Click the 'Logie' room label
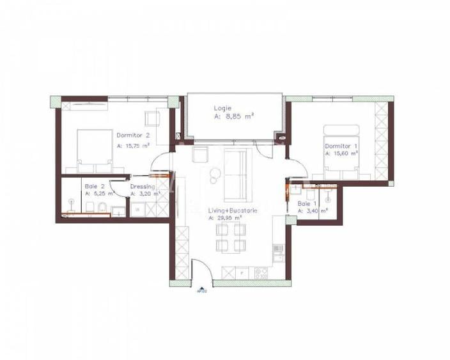pyautogui.click(x=223, y=107)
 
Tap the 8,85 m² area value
pyautogui.click(x=238, y=116)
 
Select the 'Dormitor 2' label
pyautogui.click(x=133, y=135)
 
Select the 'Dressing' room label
pyautogui.click(x=143, y=186)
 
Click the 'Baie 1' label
pyautogui.click(x=307, y=203)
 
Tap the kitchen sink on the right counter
pyautogui.click(x=279, y=250)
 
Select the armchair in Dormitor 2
pyautogui.click(x=152, y=118)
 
